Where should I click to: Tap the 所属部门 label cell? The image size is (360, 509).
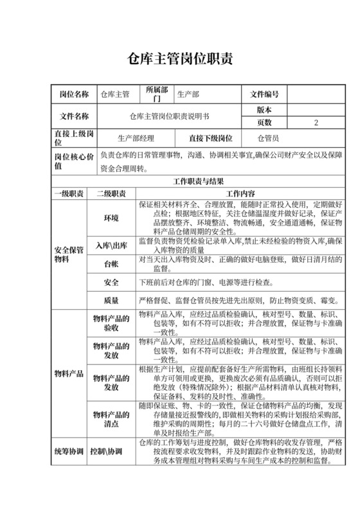pyautogui.click(x=157, y=94)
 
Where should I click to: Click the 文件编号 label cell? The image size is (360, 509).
pyautogui.click(x=264, y=94)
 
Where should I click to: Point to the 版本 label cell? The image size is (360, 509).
pyautogui.click(x=264, y=110)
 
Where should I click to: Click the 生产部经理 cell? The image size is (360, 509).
pyautogui.click(x=136, y=138)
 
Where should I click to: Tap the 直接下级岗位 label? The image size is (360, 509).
pyautogui.click(x=210, y=138)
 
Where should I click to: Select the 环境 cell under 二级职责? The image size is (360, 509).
pyautogui.click(x=111, y=219)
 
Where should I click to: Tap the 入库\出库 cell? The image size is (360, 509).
pyautogui.click(x=111, y=246)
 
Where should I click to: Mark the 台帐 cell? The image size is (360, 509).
pyautogui.click(x=111, y=264)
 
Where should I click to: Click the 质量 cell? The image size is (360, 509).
pyautogui.click(x=111, y=300)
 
